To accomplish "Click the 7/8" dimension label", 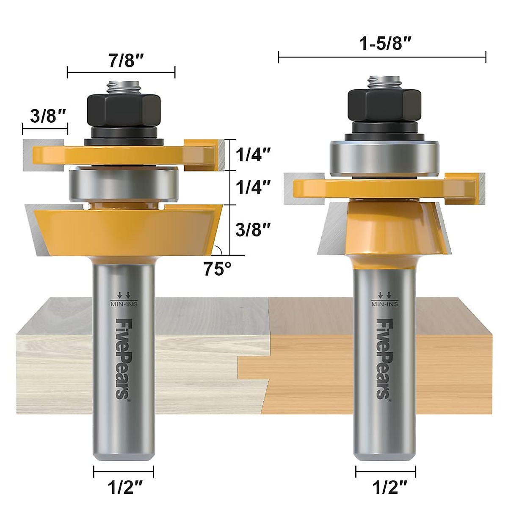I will [x=121, y=61].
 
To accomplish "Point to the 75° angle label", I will [x=218, y=269].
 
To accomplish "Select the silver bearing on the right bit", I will [x=385, y=156].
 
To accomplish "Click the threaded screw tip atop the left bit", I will [x=124, y=86].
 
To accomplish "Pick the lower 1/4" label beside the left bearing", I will [x=253, y=187].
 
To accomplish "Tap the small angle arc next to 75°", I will [x=217, y=250].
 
